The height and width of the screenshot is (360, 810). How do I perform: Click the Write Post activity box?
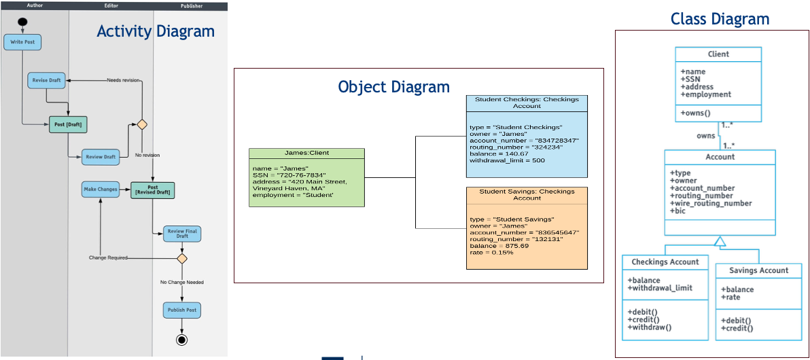click(x=22, y=42)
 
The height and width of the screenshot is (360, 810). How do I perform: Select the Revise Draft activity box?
click(x=46, y=80)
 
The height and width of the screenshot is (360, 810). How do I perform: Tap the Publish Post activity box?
click(x=182, y=310)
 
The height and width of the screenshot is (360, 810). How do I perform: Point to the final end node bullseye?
click(x=181, y=340)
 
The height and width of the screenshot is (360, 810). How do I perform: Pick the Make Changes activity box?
click(x=100, y=189)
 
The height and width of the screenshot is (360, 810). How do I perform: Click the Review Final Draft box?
click(x=182, y=234)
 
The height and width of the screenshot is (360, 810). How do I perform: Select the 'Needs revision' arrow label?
click(x=123, y=80)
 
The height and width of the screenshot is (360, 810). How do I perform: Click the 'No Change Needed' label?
click(x=181, y=282)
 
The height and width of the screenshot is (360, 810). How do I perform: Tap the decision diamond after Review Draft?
click(x=142, y=124)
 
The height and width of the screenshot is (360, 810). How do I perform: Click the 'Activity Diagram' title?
click(x=156, y=31)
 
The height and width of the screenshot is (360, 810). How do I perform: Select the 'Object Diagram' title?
click(x=393, y=87)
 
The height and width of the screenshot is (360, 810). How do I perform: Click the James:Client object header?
click(x=306, y=154)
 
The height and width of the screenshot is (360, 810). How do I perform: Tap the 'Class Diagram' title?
click(x=720, y=19)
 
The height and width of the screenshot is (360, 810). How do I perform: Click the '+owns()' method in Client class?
click(x=696, y=113)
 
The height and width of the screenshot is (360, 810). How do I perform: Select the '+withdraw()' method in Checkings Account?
click(x=650, y=327)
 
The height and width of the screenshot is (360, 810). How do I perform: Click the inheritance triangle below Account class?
click(x=720, y=240)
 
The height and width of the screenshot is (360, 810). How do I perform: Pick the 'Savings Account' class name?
click(x=758, y=270)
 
